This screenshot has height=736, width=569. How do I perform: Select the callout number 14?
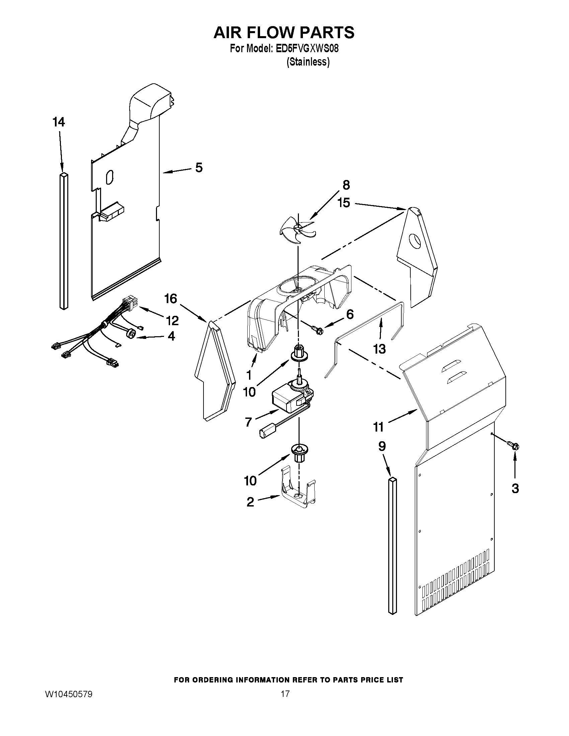[59, 122]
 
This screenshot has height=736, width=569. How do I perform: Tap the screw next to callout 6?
[317, 330]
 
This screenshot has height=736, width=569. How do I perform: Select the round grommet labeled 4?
[132, 334]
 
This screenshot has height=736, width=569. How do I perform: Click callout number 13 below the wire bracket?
[380, 349]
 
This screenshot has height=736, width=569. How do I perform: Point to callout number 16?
[171, 298]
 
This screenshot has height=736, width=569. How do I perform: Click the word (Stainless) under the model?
[308, 62]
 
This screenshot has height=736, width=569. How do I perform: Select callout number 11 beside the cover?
[378, 427]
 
